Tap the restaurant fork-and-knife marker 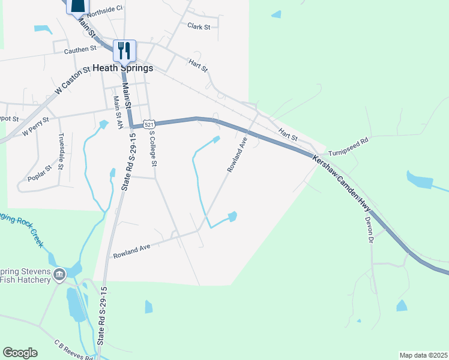(125, 49)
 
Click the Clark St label (199, 26)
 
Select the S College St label (154, 149)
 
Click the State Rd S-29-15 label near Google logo (101, 328)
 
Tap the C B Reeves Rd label (73, 349)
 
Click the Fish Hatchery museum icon (59, 275)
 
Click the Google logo (20, 353)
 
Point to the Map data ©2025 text (423, 355)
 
